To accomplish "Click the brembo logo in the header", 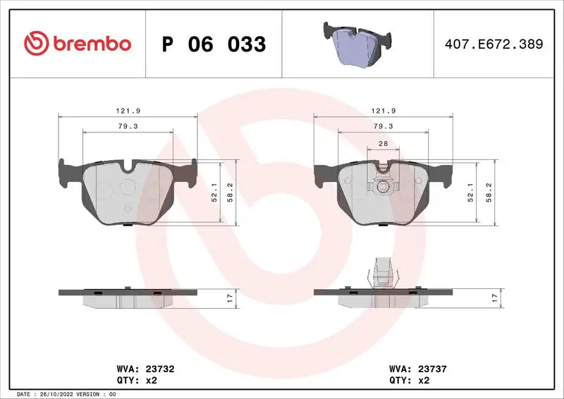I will point(77,44).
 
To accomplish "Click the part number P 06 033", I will point(214,44).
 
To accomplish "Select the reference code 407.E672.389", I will point(493,44).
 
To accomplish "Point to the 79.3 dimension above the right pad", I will point(383,126).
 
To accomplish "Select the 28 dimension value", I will point(384,144).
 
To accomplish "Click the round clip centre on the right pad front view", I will point(383,187).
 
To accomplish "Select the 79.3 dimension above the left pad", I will point(127,126).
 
